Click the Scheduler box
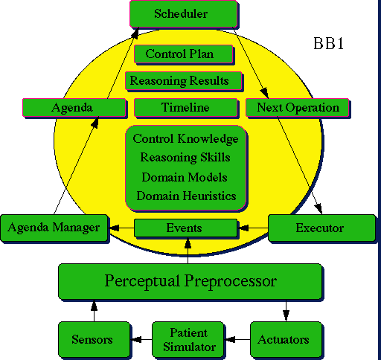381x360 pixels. (x=184, y=14)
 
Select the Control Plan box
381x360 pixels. (x=184, y=54)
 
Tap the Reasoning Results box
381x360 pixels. (x=184, y=81)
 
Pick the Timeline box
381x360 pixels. (x=185, y=108)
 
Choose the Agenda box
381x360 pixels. (x=74, y=108)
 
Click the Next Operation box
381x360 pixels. (x=297, y=108)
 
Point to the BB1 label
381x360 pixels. (x=328, y=44)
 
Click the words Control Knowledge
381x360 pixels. (x=185, y=139)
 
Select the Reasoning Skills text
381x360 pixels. (x=185, y=158)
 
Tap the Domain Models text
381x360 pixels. (x=185, y=177)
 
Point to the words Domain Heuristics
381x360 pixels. (x=186, y=196)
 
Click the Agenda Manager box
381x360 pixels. (x=54, y=228)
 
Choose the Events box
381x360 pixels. (x=185, y=228)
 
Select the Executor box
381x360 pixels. (x=321, y=228)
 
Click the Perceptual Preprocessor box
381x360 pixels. (x=190, y=281)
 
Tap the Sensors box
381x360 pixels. (x=94, y=339)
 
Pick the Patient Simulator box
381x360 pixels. (x=188, y=339)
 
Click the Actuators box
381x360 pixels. (x=286, y=339)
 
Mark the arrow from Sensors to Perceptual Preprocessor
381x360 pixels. (x=94, y=311)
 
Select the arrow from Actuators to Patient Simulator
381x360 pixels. (x=237, y=339)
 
